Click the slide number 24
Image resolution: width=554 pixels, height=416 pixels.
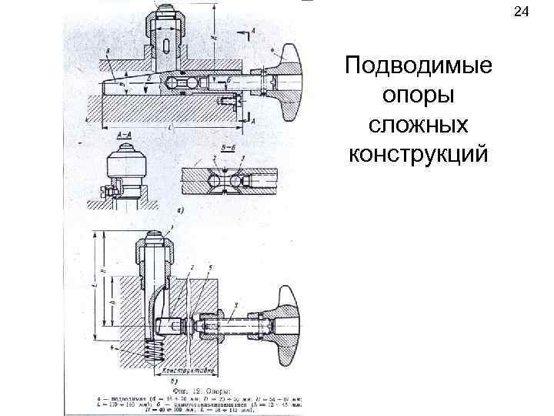click(x=521, y=12)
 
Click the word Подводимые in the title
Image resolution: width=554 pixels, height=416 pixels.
click(x=419, y=66)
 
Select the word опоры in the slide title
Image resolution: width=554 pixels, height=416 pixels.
click(x=419, y=96)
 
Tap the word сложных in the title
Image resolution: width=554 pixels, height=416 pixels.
click(x=419, y=125)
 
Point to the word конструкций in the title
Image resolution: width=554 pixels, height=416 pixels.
click(x=419, y=154)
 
